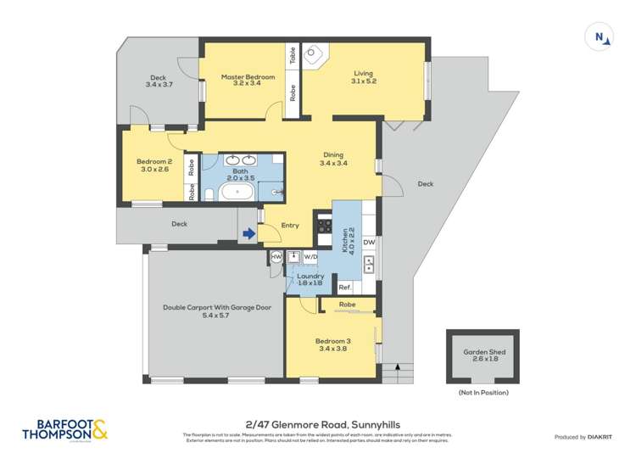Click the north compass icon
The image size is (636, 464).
[600, 36]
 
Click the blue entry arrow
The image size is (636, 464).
[248, 233]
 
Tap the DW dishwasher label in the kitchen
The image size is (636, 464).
[369, 243]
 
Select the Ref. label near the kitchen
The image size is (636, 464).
[345, 288]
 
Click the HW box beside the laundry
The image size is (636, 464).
[276, 256]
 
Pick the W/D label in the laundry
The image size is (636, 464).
[310, 256]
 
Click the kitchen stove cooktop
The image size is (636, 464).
[324, 226]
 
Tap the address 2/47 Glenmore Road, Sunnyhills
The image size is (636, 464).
[318, 424]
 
